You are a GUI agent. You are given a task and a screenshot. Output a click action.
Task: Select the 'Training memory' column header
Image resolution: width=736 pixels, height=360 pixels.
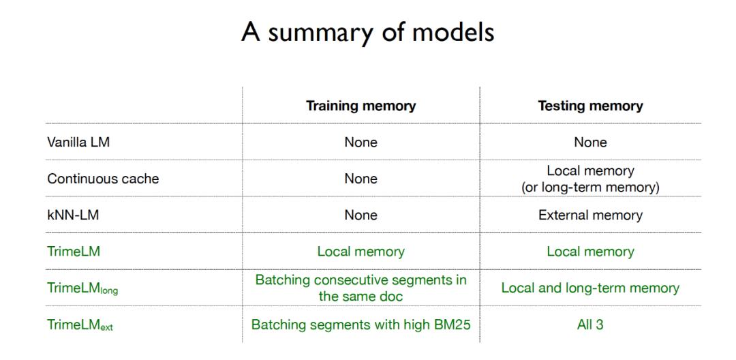(361, 106)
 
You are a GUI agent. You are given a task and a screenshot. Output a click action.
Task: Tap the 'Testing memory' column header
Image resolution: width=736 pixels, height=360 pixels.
(590, 106)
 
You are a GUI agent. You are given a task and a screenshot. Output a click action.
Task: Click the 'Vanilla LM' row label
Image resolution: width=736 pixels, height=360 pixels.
(78, 142)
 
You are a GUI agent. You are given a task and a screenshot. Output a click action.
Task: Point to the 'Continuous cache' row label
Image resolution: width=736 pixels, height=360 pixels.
(103, 179)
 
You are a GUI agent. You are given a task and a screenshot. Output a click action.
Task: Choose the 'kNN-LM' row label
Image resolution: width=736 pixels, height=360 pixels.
(74, 215)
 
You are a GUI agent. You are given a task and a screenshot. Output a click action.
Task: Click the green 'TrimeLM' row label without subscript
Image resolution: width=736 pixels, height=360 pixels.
(74, 252)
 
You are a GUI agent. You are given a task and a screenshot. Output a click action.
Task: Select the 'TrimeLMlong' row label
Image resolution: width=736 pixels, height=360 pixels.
(82, 288)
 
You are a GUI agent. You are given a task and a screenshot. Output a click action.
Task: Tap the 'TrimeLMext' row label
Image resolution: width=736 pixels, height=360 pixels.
(80, 325)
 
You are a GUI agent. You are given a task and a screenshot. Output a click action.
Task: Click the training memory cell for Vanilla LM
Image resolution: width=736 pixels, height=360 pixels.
(361, 142)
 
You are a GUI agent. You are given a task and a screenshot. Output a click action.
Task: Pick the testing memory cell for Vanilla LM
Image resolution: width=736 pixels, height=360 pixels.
(590, 142)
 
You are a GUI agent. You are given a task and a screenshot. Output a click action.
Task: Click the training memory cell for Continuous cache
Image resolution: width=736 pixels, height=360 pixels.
(361, 179)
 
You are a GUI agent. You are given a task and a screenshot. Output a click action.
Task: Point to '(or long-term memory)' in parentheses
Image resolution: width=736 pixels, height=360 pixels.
(590, 187)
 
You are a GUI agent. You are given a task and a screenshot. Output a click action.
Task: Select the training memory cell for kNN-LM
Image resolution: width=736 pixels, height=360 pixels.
(361, 215)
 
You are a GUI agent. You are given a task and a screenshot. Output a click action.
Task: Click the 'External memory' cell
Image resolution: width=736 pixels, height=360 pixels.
(590, 215)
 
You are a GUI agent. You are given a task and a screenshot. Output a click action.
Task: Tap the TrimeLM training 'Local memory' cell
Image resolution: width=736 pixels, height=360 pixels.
(361, 252)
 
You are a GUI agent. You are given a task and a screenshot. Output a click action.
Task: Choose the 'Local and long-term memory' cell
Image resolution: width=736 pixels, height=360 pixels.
(590, 288)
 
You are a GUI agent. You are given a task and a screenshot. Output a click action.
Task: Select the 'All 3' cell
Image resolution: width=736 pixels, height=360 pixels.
(590, 325)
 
